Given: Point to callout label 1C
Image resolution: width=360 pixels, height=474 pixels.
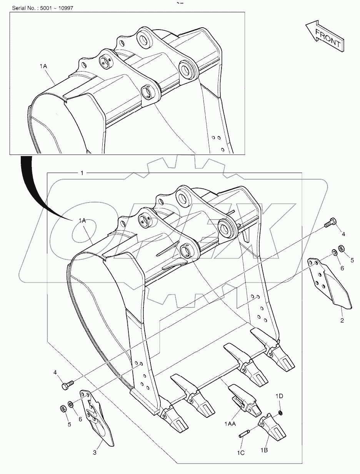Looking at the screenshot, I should click(240, 453).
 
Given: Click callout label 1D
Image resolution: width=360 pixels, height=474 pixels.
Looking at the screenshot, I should click(279, 396).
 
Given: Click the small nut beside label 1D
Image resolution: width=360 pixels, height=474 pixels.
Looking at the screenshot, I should click(280, 413).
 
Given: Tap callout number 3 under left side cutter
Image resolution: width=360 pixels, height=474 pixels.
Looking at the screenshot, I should click(94, 453).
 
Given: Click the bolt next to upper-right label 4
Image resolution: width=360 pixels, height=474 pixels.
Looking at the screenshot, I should click(330, 223).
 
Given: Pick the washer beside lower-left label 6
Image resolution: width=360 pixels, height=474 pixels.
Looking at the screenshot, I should click(71, 404).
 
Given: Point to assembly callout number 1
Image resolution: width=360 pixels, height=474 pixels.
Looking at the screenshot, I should click(82, 173).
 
